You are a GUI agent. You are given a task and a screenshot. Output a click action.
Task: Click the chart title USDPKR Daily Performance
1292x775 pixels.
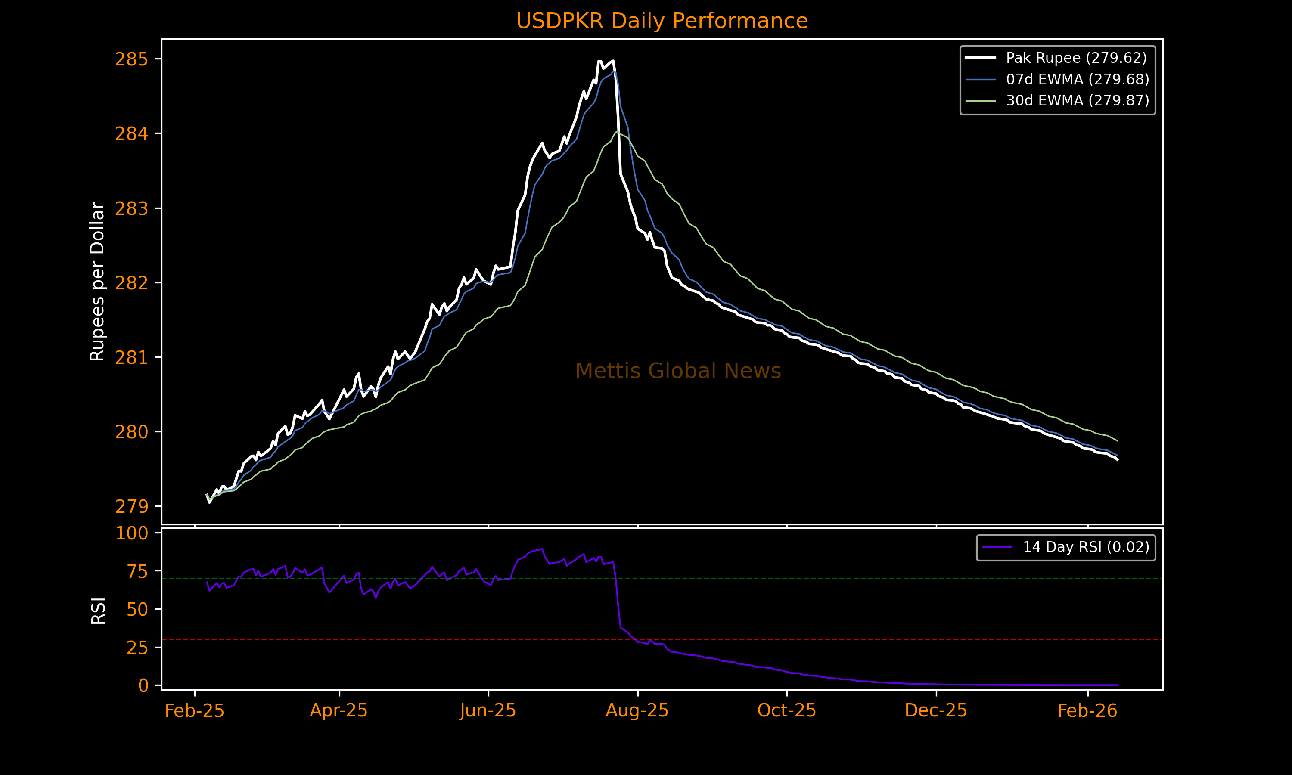tap(662, 21)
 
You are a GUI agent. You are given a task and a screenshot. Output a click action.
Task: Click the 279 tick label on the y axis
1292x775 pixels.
tap(132, 507)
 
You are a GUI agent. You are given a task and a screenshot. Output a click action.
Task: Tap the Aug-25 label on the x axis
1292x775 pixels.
tap(637, 711)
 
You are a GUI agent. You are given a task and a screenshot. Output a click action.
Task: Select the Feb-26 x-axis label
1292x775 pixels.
tap(1087, 711)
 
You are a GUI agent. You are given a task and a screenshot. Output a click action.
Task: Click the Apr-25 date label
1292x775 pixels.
tap(339, 711)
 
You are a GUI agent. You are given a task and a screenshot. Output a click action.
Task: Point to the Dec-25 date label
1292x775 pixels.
tap(936, 711)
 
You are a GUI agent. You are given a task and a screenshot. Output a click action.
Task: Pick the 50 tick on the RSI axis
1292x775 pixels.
tap(137, 609)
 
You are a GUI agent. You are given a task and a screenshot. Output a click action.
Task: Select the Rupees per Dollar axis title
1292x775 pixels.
tap(98, 282)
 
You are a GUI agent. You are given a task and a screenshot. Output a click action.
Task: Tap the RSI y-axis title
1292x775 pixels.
tap(98, 611)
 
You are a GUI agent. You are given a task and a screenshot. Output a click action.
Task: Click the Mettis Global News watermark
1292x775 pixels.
tap(678, 371)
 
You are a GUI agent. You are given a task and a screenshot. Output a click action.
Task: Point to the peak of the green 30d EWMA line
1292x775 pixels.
tap(617, 132)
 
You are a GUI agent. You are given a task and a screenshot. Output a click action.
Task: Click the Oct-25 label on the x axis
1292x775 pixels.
tap(786, 711)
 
